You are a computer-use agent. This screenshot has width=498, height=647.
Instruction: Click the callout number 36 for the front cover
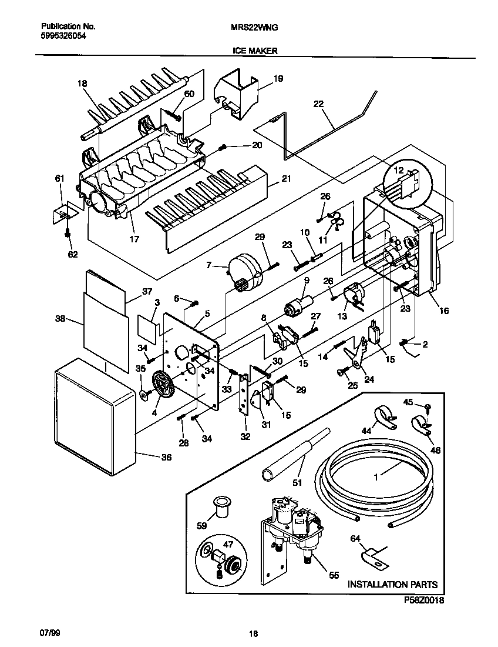click(x=166, y=457)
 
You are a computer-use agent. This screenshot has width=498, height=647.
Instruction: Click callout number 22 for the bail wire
click(x=318, y=104)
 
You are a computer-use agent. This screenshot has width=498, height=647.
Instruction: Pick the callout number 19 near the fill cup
click(x=278, y=78)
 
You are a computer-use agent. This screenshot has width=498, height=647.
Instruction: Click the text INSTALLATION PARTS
click(x=392, y=584)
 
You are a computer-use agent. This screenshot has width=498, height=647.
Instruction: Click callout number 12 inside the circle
click(x=398, y=171)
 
